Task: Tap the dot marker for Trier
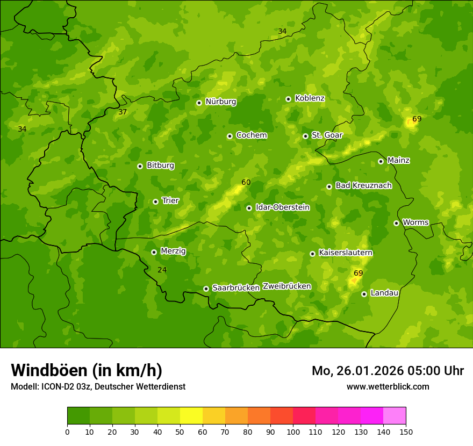click(x=155, y=202)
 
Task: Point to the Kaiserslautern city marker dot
click(x=312, y=254)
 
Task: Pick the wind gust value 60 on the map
click(x=246, y=183)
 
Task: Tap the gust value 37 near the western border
click(x=123, y=112)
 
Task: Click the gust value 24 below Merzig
click(x=162, y=270)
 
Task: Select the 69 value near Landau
click(x=359, y=274)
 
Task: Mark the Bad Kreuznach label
click(x=363, y=185)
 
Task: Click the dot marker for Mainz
click(x=381, y=161)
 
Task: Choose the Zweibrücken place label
click(x=286, y=286)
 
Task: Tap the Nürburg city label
click(x=220, y=102)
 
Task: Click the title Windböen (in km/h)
click(x=87, y=370)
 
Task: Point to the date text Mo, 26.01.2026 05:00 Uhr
click(x=388, y=371)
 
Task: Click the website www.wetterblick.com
click(x=388, y=387)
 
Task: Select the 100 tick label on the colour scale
click(x=293, y=431)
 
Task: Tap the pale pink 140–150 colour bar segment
click(x=395, y=416)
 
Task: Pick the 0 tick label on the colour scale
click(x=67, y=431)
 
